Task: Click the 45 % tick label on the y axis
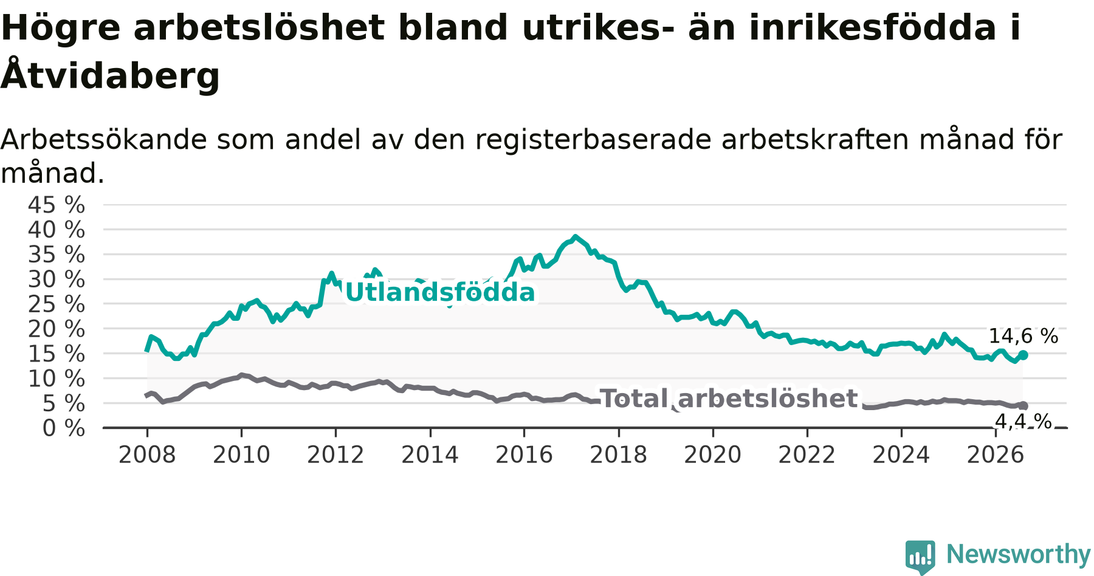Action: coord(57,205)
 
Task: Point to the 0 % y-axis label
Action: coord(64,428)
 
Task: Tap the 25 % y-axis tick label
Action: coord(57,304)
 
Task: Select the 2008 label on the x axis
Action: coord(147,455)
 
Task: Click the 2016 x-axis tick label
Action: coord(524,455)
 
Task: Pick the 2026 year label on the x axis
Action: coord(996,455)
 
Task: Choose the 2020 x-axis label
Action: coord(713,455)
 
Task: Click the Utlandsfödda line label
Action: coord(440,293)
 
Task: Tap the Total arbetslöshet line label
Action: coord(729,399)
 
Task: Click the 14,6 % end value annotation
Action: coord(1023,336)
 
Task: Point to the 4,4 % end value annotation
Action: coord(1023,421)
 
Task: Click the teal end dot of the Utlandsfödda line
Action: coord(1023,355)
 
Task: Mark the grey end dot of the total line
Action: coord(1023,406)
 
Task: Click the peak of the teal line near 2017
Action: coord(575,237)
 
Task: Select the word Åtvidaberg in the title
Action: coord(110,75)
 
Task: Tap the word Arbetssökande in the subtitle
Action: coord(104,140)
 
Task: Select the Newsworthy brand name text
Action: coord(1019,554)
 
